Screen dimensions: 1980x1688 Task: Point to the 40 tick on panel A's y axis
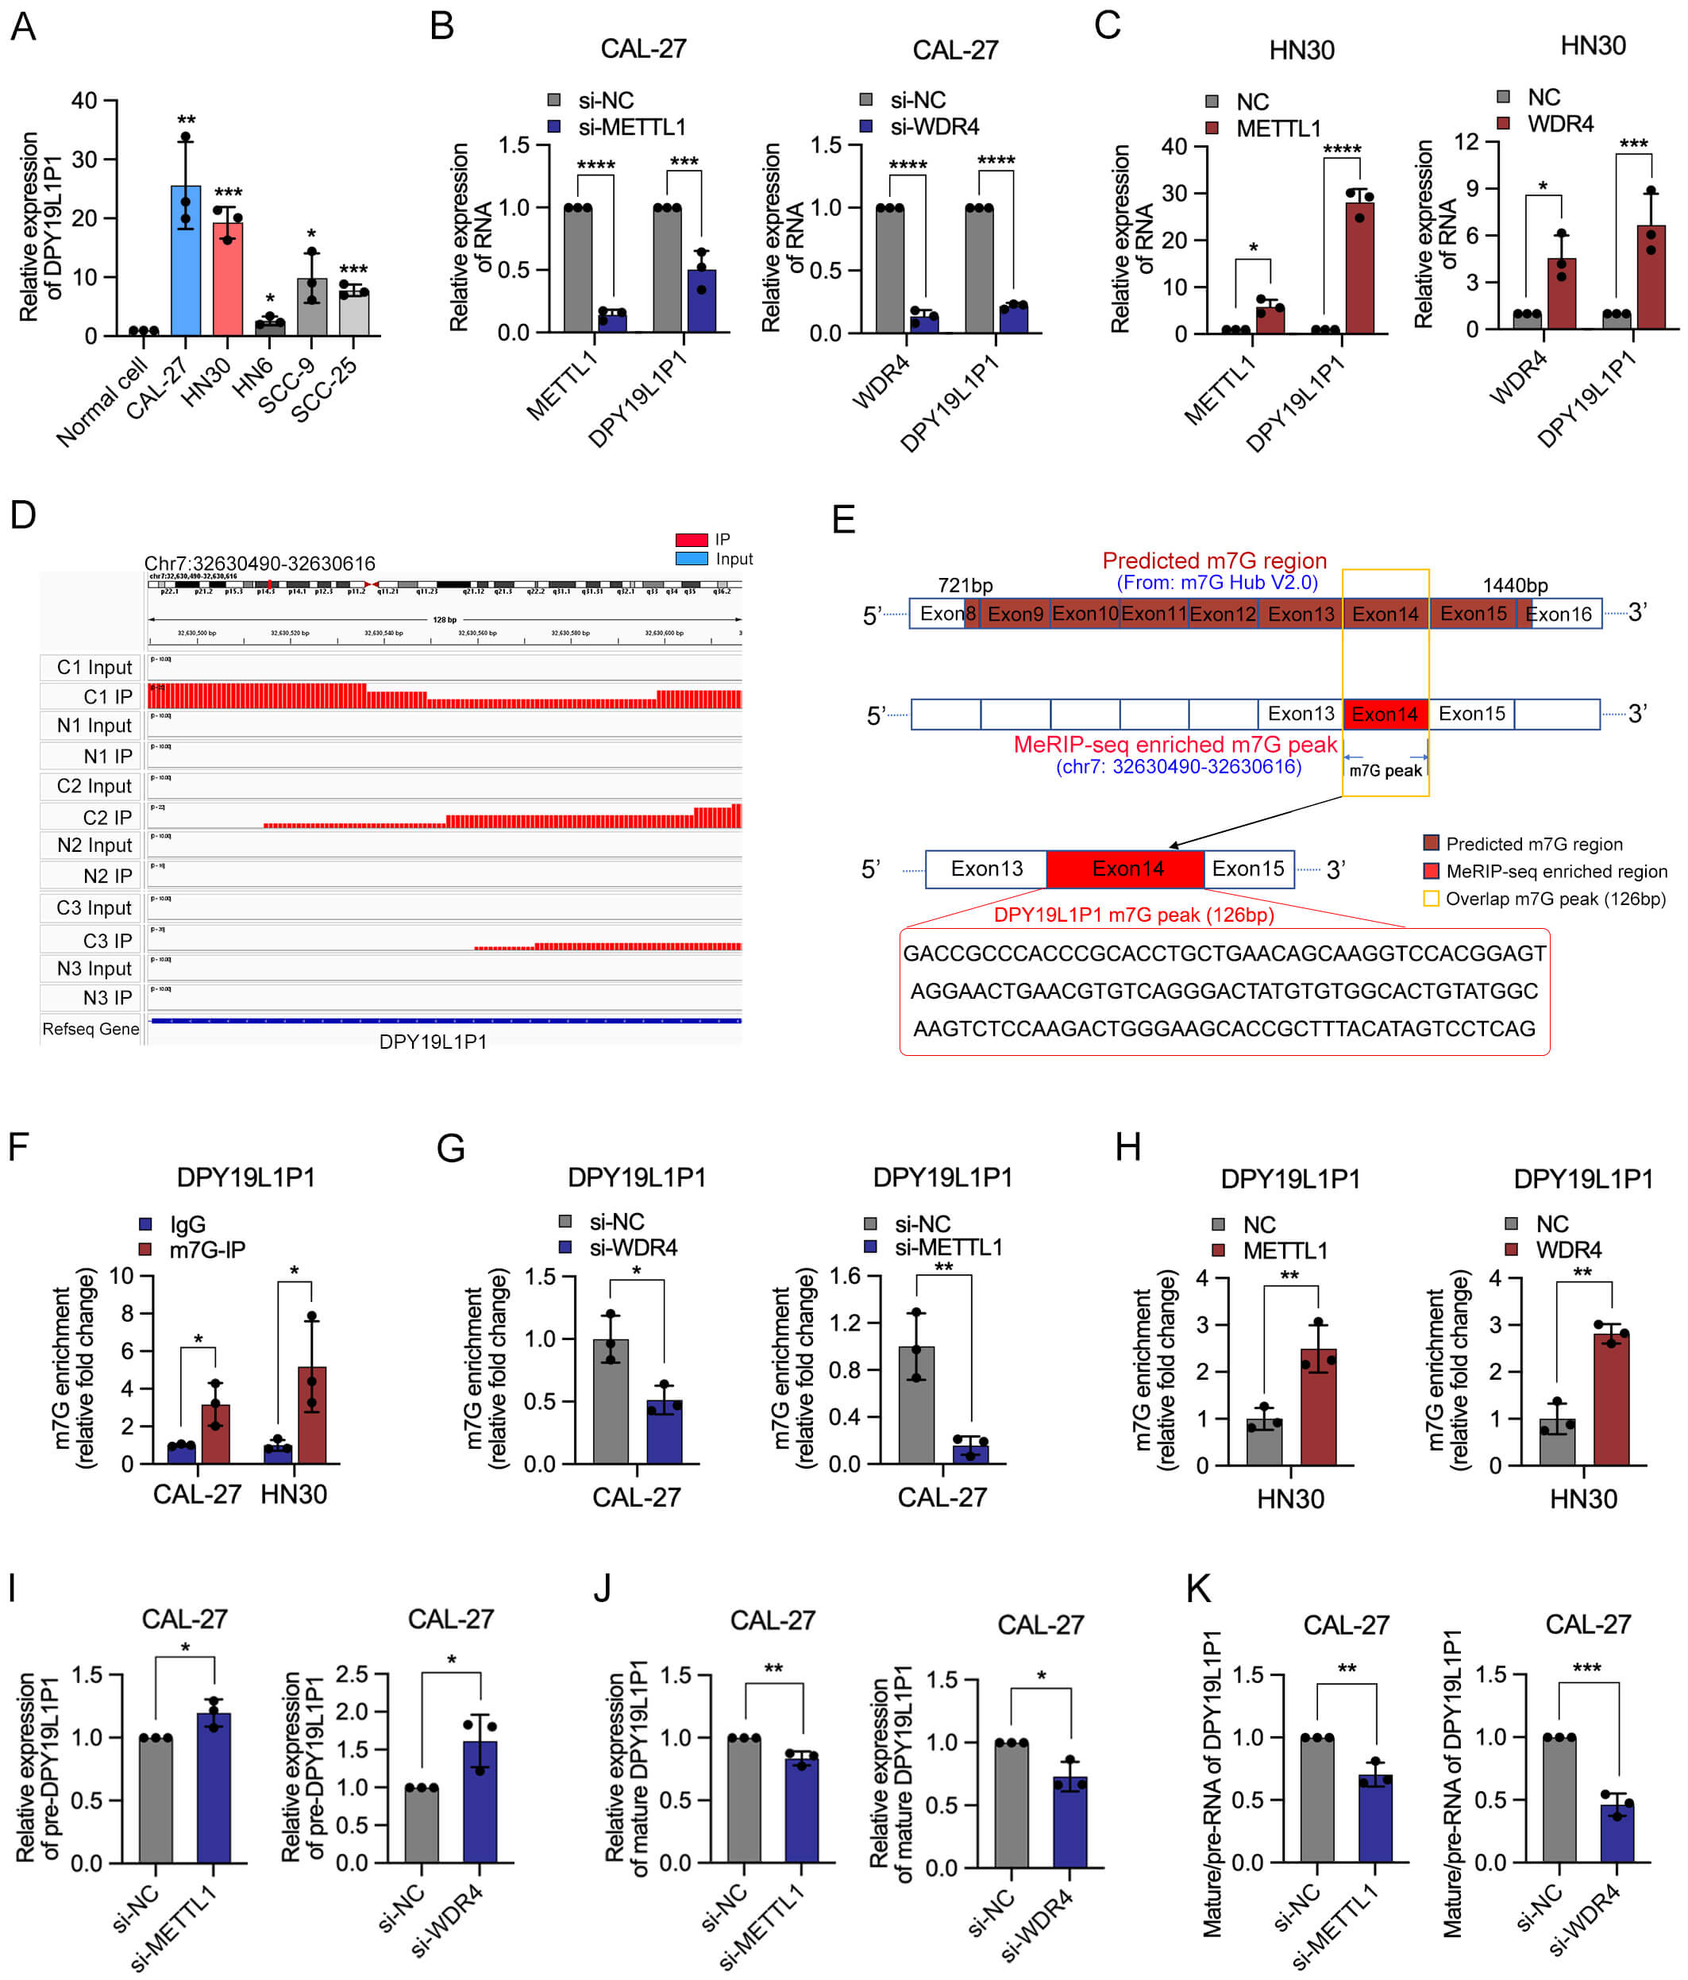click(84, 100)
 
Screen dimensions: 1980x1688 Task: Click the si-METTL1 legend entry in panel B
click(631, 126)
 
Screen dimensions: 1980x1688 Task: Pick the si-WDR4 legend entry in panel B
click(934, 126)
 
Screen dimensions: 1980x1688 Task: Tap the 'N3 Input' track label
click(94, 968)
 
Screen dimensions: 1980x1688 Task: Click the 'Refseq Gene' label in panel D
click(91, 1028)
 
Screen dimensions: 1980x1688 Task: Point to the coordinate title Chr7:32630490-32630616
click(259, 563)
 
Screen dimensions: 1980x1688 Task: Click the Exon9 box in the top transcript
click(1015, 614)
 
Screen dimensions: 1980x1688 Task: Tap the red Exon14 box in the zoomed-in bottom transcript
click(1126, 869)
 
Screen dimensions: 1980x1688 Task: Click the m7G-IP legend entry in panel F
click(206, 1249)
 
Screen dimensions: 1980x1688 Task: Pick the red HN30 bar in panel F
click(311, 1414)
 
